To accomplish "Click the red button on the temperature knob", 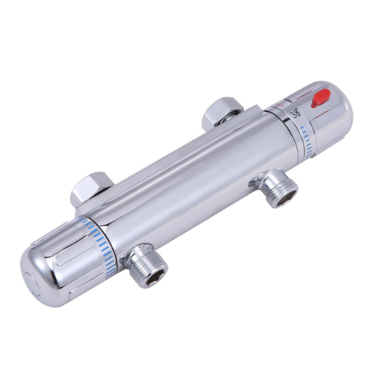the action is pyautogui.click(x=320, y=99).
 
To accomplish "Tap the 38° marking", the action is pyautogui.click(x=295, y=113).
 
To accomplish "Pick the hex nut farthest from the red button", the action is pyautogui.click(x=92, y=188).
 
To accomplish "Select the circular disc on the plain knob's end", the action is pyautogui.click(x=31, y=285).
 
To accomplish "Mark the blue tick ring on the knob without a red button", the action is pyautogui.click(x=102, y=243).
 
